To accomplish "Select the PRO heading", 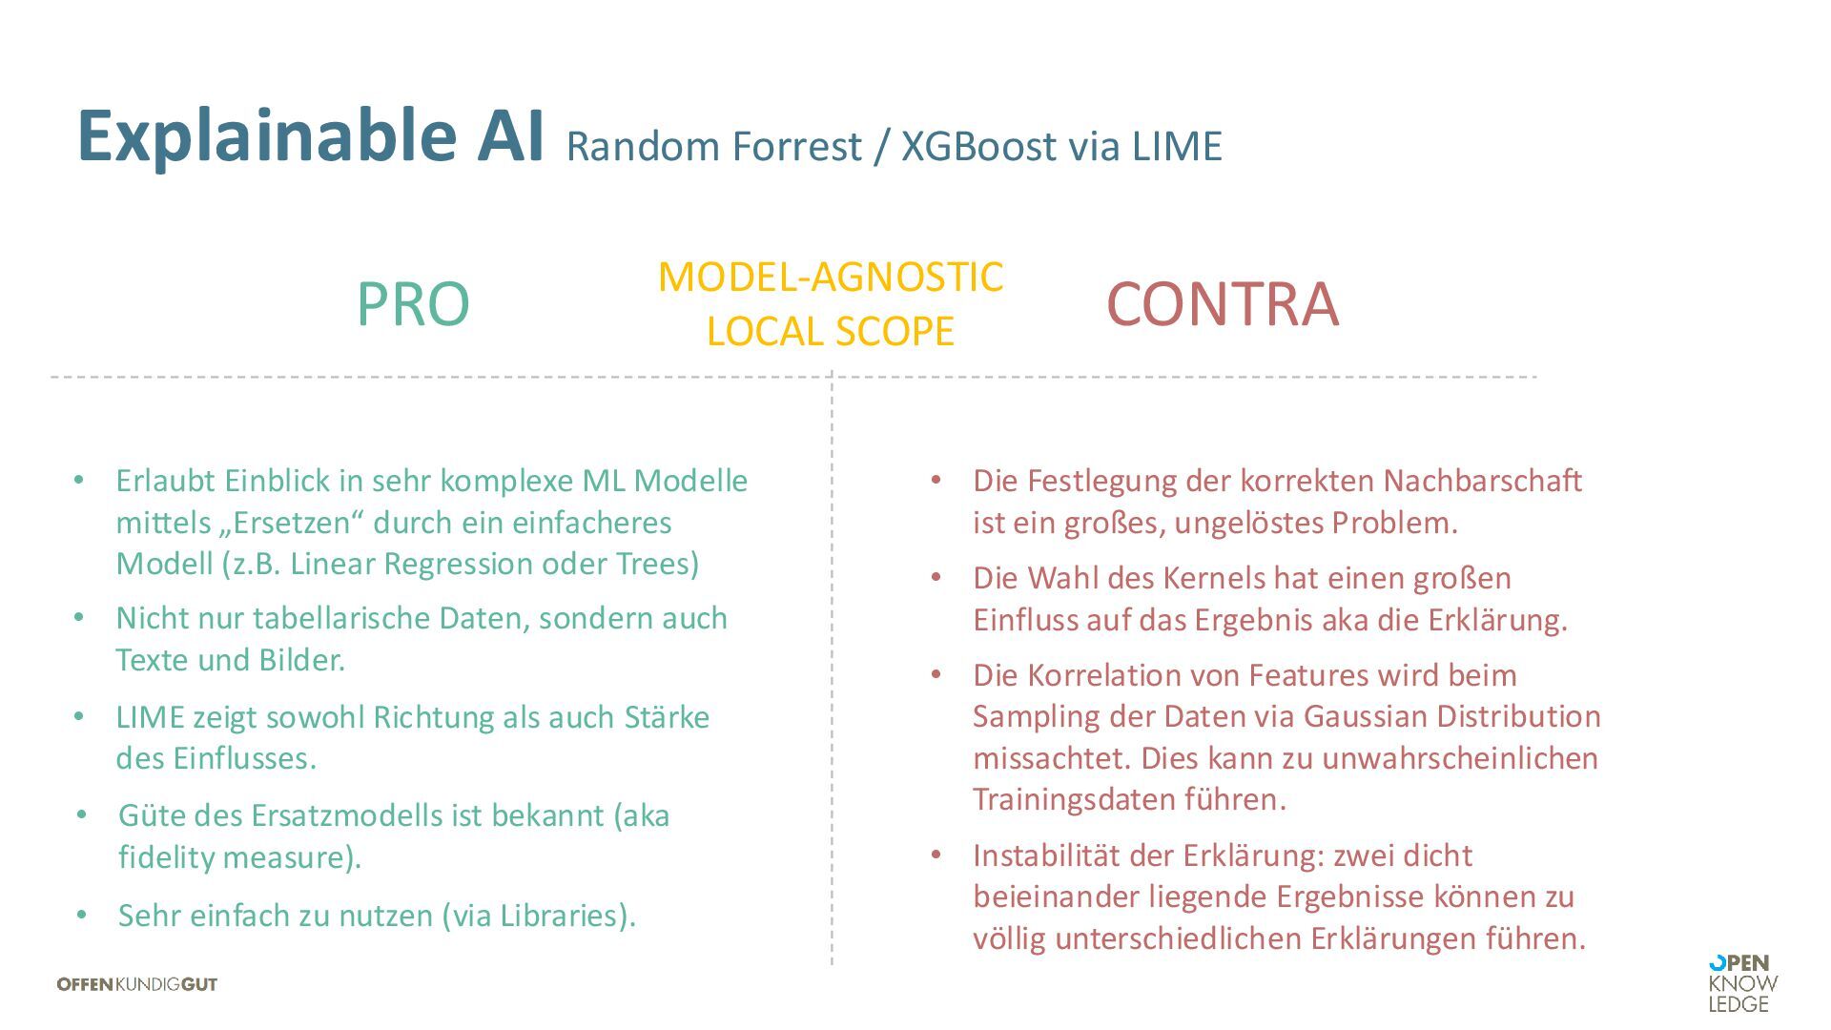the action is [413, 305].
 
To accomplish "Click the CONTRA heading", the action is [1223, 304].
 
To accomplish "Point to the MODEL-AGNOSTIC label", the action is [831, 278].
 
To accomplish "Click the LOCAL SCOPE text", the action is [831, 332].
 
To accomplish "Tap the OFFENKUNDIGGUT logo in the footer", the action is [137, 984].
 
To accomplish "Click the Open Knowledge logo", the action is [1742, 983].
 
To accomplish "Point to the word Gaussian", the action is [1366, 716].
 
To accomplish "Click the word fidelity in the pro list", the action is [166, 857].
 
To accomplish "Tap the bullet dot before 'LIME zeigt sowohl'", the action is [79, 716].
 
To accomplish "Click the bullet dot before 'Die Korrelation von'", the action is [936, 674].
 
